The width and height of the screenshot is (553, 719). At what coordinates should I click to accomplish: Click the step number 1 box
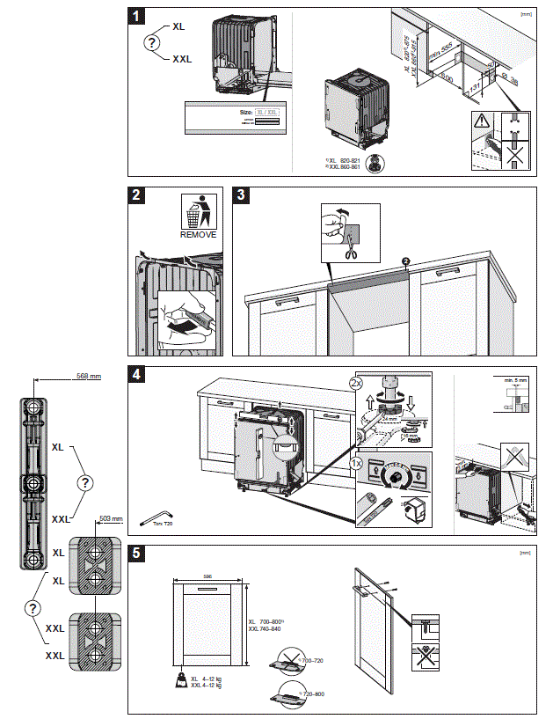[x=137, y=17]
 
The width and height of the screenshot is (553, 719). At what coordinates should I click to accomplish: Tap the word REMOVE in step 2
[x=198, y=235]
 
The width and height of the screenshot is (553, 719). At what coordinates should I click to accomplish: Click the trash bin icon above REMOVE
[x=198, y=211]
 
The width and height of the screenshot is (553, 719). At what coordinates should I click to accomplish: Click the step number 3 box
[x=241, y=196]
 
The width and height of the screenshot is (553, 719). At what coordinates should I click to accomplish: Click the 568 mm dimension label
[x=85, y=377]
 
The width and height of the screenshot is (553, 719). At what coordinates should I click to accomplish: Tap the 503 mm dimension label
[x=112, y=519]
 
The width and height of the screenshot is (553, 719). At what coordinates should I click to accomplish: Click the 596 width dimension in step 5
[x=208, y=577]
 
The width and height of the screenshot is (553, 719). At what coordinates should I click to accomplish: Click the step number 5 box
[x=137, y=554]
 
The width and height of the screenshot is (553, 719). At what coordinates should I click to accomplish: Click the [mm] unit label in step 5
[x=525, y=553]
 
